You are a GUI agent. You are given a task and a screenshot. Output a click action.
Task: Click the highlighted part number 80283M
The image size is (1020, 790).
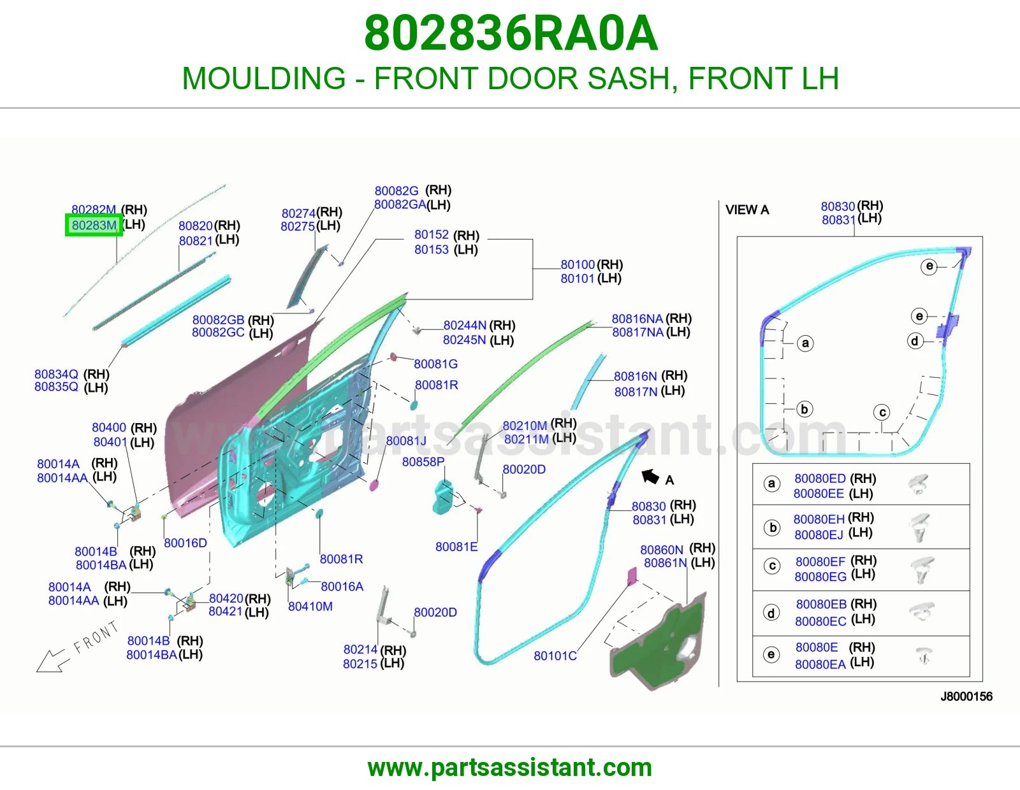pos(94,225)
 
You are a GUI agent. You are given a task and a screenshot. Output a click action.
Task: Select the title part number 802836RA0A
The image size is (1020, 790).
pos(511,33)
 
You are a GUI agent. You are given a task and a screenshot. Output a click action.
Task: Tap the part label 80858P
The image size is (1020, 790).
pos(423,462)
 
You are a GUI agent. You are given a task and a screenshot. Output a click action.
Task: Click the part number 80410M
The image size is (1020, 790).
pos(310,607)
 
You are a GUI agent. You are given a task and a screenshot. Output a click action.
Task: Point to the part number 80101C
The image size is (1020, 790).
pos(555,656)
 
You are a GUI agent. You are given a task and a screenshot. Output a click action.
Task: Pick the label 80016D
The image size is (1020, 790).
pos(186,543)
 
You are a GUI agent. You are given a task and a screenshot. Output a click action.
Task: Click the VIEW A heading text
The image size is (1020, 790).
pos(747,210)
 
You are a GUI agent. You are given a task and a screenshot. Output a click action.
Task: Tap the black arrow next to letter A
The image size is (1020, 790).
pos(650,477)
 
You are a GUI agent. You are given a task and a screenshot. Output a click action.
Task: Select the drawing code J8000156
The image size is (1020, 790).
pos(966,696)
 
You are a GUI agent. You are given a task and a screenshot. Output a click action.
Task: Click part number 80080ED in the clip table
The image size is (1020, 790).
pos(820,478)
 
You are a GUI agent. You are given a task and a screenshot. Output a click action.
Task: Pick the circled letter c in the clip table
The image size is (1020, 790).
pos(772,566)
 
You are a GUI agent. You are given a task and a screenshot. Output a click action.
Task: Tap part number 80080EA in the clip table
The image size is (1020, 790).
pos(820,664)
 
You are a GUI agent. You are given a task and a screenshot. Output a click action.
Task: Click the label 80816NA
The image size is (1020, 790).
pos(637,319)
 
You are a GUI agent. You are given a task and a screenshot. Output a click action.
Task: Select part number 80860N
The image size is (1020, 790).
pos(662,549)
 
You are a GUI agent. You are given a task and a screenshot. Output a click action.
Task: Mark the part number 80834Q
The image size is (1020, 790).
pos(56,374)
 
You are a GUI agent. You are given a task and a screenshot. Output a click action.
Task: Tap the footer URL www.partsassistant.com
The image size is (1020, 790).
pos(510,768)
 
